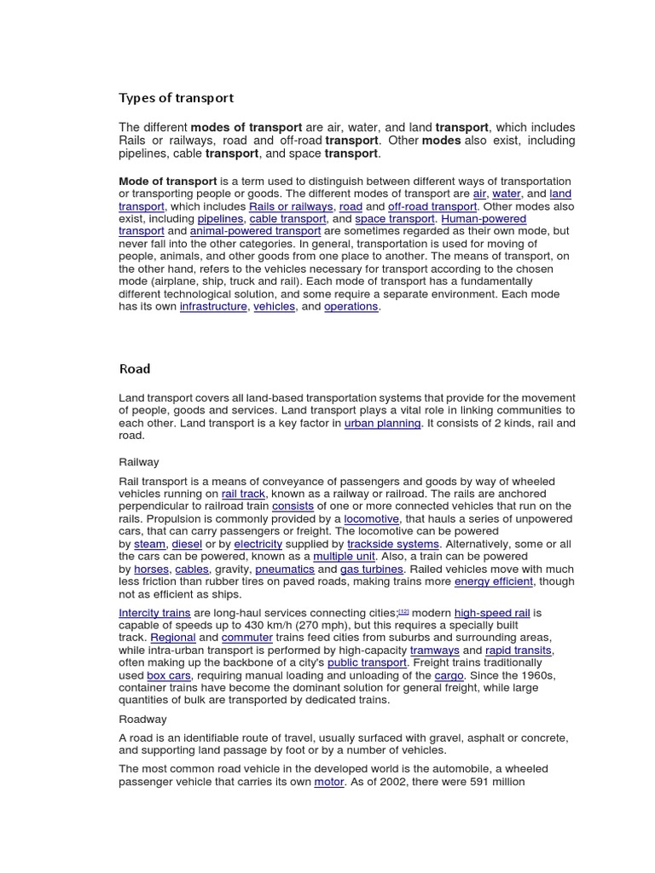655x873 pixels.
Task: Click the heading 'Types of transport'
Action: pos(176,98)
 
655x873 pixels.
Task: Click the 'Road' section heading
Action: pos(135,369)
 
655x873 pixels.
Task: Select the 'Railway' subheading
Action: pos(138,462)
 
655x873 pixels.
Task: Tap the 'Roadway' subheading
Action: pos(142,719)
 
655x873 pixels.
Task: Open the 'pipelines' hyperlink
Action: pos(220,219)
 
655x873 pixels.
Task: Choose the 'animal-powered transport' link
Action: pos(255,231)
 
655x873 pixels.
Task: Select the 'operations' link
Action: pos(351,307)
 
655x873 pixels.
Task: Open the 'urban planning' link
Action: pos(382,423)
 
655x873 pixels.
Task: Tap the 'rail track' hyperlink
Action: pos(244,494)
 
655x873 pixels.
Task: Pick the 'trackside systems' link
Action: pos(393,544)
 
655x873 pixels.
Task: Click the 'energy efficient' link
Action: pos(494,581)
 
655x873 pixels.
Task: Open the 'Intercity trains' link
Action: pos(154,613)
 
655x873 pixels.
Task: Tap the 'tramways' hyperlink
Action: pos(434,650)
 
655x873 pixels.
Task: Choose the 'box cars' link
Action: pos(169,676)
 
